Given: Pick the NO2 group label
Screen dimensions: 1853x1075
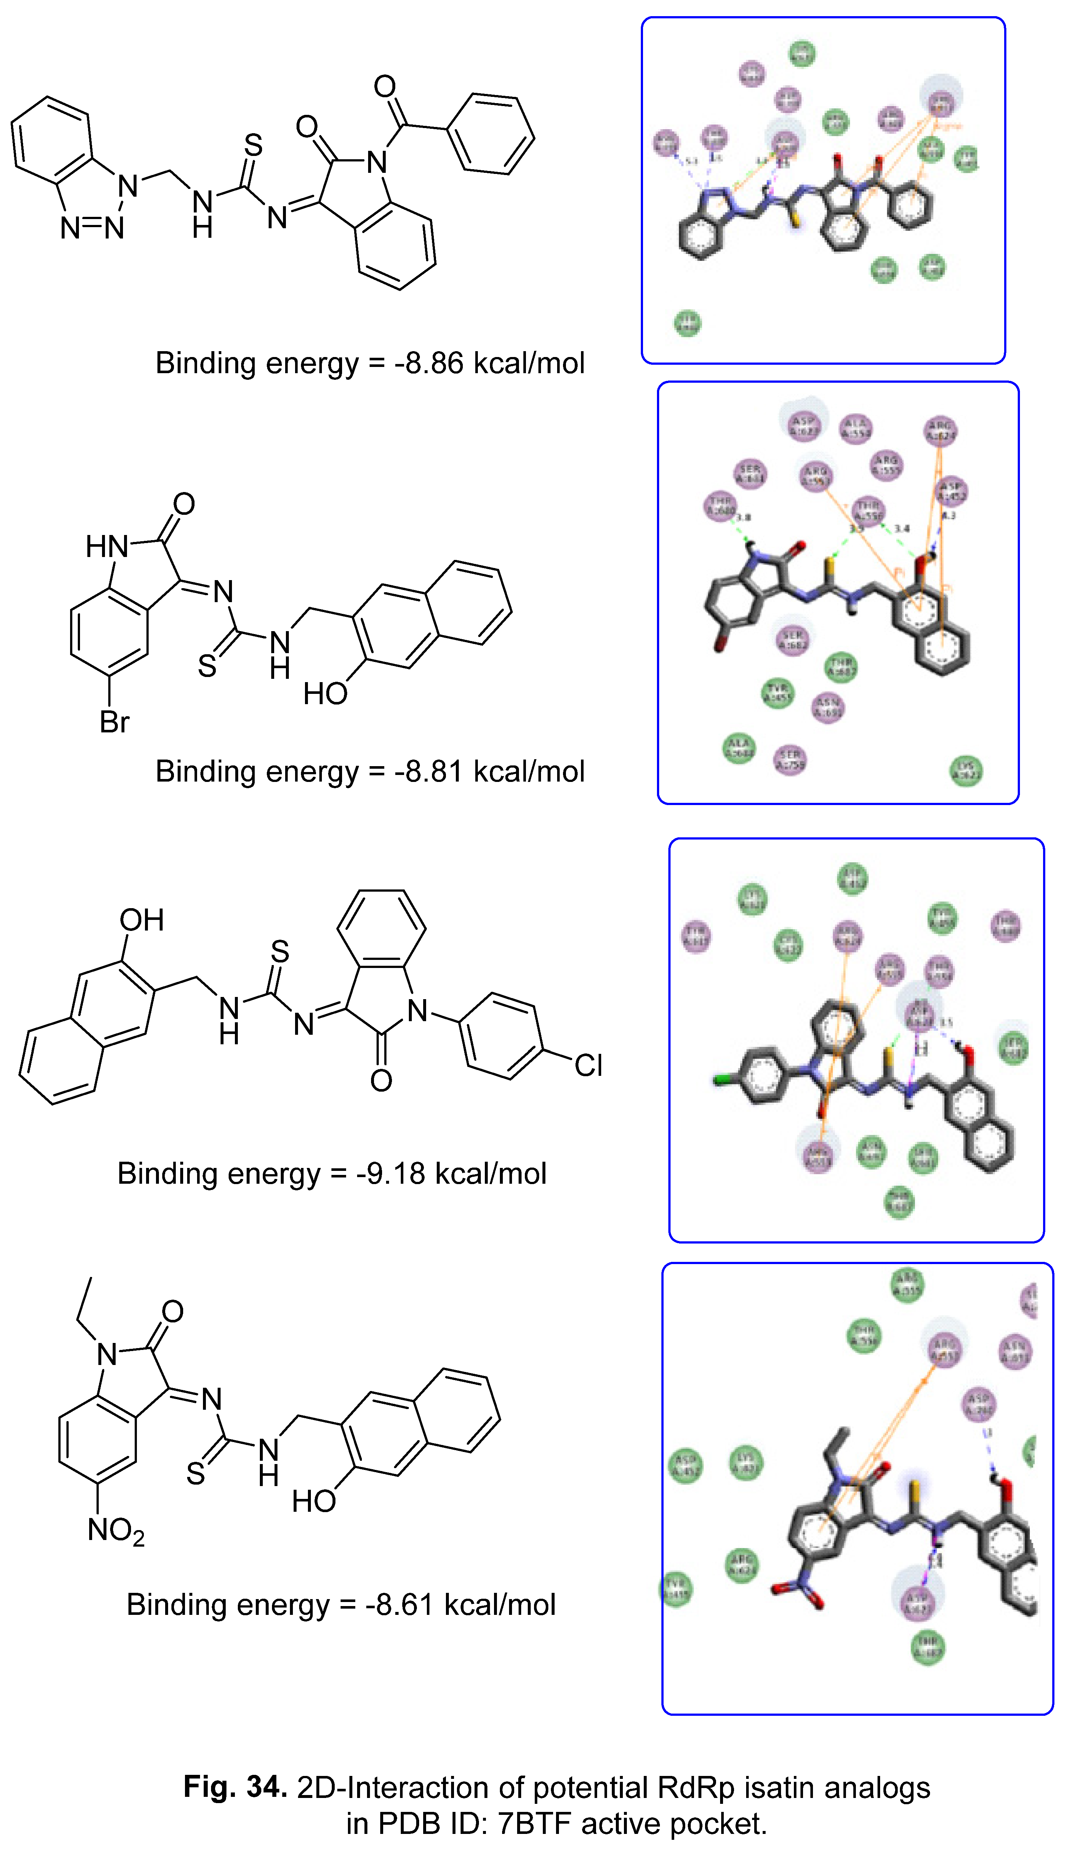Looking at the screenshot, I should tap(116, 1530).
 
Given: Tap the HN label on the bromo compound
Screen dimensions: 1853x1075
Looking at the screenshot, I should tap(106, 546).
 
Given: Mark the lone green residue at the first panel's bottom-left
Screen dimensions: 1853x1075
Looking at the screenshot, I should tap(687, 323).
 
